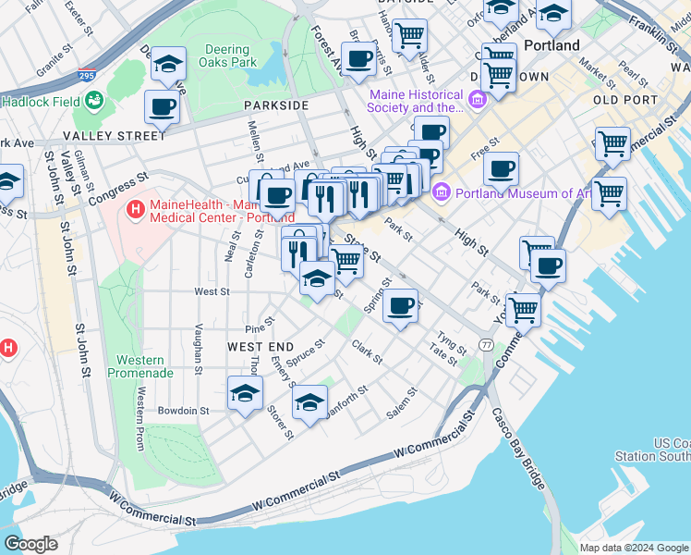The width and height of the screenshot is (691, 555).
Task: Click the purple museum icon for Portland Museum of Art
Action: click(441, 193)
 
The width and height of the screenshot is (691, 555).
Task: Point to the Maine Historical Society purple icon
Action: click(478, 100)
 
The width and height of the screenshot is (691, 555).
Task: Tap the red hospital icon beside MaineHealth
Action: click(136, 210)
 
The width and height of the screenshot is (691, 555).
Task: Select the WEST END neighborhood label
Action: click(254, 346)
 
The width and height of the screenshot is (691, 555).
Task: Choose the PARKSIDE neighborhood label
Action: click(276, 105)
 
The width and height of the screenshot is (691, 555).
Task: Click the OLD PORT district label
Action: click(624, 100)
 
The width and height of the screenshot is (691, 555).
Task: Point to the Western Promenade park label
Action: click(140, 366)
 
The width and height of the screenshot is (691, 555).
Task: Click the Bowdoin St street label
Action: click(183, 410)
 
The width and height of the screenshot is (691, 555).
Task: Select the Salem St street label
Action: click(403, 403)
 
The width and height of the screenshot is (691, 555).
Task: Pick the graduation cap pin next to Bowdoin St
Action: click(246, 394)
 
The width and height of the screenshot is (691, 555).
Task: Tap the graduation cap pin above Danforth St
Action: click(310, 402)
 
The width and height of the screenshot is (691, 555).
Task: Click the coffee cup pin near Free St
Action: click(501, 170)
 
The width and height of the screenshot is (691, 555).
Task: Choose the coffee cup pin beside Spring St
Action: click(400, 307)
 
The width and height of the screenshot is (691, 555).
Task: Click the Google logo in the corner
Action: click(30, 544)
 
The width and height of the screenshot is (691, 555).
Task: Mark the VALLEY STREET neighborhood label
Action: click(115, 135)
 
